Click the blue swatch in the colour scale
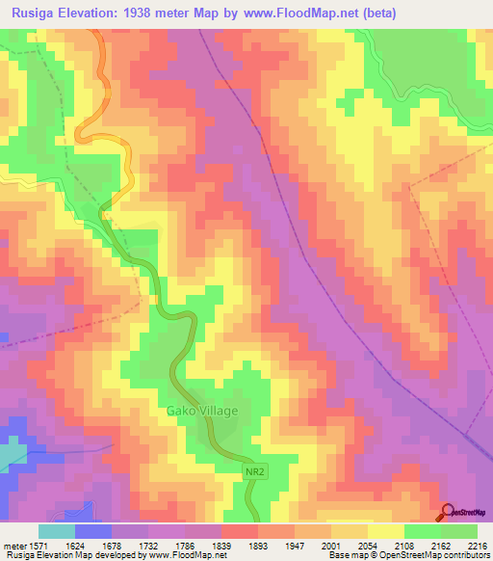point(92,530)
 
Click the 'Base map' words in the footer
point(347,556)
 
